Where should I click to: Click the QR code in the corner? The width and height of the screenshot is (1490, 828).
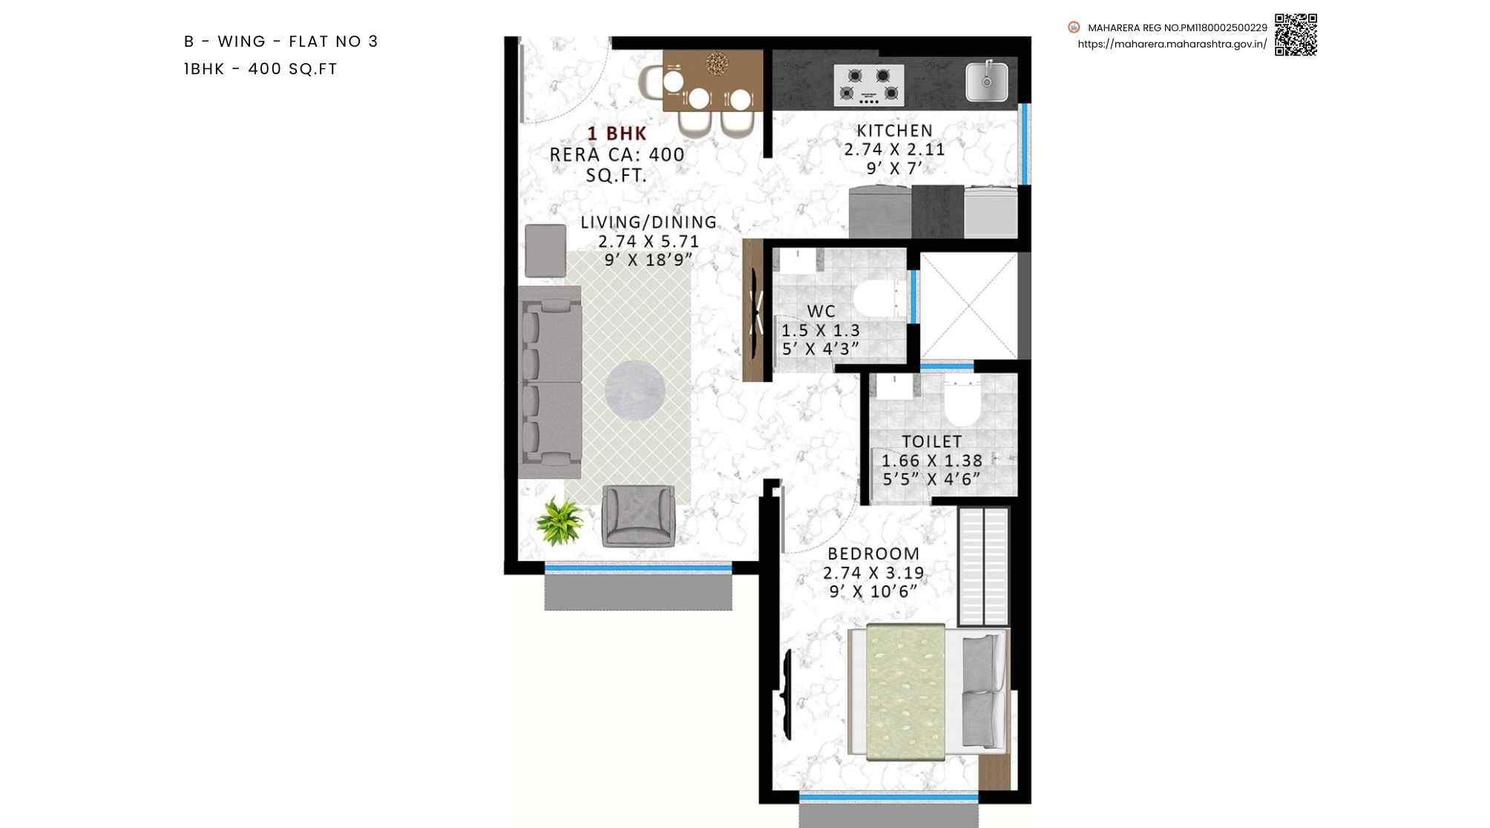coord(1296,34)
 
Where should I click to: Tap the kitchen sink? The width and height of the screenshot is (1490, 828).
coord(987,82)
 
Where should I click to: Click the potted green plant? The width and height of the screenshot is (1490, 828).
coord(560,520)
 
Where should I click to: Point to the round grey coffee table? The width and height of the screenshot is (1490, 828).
coord(634,390)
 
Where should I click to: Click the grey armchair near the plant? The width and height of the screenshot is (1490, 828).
coord(638,516)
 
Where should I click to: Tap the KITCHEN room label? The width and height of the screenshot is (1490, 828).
coord(895,131)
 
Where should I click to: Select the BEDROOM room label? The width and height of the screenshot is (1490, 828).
coord(873,553)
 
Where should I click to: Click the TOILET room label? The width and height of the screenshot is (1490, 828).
coord(932,441)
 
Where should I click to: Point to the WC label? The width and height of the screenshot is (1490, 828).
coord(821,312)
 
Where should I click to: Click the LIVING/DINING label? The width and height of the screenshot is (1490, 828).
coord(649,222)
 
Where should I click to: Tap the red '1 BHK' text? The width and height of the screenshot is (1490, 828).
coord(617,134)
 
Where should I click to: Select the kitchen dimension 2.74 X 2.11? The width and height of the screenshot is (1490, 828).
coord(894,149)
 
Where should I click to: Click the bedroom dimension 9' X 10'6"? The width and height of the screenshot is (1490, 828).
coord(873,591)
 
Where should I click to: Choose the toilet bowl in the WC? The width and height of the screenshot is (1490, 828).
coord(877,298)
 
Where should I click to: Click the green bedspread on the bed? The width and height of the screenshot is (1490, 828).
coord(906,692)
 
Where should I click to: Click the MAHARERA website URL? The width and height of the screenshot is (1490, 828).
coord(1172,44)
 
